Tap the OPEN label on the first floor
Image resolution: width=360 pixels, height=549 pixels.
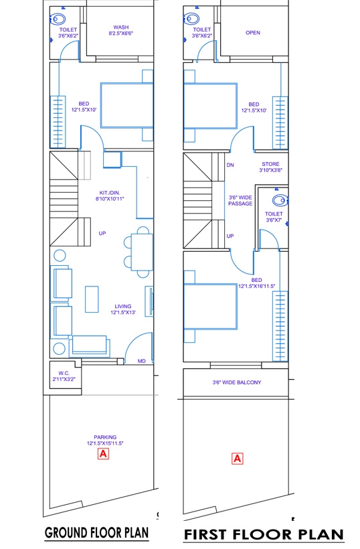click(252, 33)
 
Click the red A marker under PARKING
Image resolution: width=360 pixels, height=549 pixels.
click(103, 454)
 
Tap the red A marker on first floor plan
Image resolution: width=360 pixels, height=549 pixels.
click(237, 459)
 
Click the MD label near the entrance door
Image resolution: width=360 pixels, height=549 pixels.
click(141, 361)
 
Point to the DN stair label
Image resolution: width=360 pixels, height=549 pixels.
click(230, 165)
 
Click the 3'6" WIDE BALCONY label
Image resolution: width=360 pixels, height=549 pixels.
click(237, 382)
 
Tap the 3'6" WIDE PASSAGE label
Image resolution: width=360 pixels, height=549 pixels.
click(240, 200)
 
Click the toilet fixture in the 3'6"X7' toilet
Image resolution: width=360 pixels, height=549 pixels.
click(280, 200)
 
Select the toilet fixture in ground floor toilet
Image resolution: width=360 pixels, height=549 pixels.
click(58, 19)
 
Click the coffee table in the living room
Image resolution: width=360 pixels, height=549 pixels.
click(92, 299)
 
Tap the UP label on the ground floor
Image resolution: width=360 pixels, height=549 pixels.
click(102, 233)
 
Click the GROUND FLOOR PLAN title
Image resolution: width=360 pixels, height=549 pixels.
click(97, 533)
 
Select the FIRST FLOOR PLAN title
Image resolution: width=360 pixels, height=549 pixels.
click(264, 535)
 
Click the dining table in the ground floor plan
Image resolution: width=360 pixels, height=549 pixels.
click(142, 252)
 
